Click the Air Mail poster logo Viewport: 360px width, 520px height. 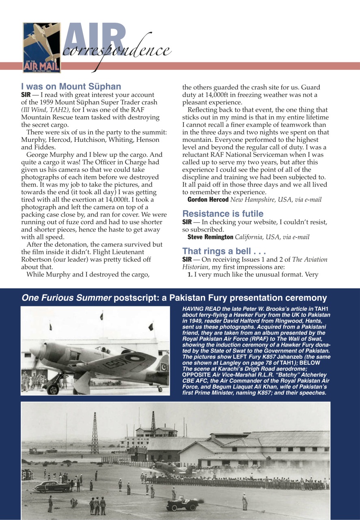(41, 48)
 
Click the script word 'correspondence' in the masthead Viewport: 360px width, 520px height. (116, 50)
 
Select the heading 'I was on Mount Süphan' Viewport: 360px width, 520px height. (71, 86)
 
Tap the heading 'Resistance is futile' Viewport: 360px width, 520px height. (223, 214)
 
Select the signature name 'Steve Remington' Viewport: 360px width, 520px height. (210, 237)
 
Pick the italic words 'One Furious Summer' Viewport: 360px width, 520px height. (67, 298)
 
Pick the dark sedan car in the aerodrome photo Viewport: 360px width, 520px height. (51, 487)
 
